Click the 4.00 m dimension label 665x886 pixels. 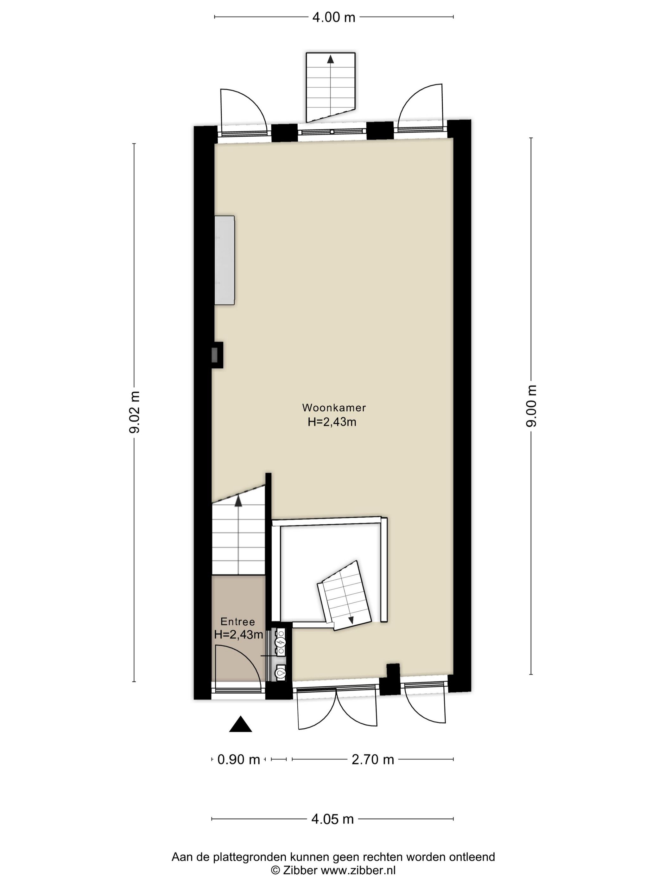tap(333, 18)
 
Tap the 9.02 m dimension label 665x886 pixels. tap(135, 413)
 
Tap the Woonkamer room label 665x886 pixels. tap(334, 408)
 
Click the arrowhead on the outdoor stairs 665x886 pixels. tap(330, 59)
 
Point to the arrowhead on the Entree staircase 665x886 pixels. tap(238, 501)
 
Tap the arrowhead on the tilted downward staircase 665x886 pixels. tap(351, 620)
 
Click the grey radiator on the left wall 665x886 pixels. tap(224, 260)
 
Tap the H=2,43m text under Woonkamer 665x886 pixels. tap(332, 422)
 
